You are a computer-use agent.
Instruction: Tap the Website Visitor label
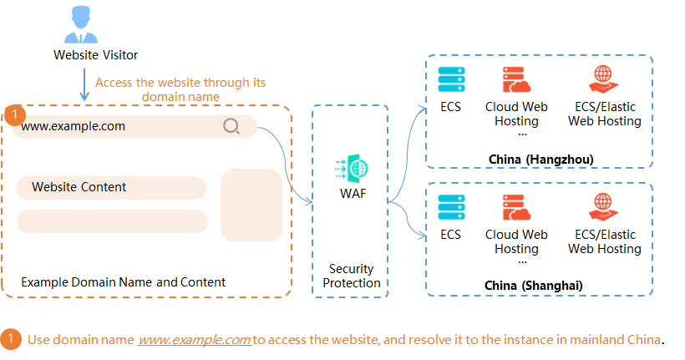point(95,55)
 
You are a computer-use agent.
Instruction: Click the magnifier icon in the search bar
point(231,127)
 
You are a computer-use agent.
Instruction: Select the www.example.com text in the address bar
point(74,127)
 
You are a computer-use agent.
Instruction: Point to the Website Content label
point(79,187)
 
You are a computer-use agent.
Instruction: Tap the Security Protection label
point(351,276)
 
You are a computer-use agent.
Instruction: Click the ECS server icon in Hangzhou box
point(451,79)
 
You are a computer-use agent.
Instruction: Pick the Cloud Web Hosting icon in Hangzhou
point(516,79)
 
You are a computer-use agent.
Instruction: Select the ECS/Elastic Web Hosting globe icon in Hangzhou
point(604,79)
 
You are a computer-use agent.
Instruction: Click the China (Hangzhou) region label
point(540,159)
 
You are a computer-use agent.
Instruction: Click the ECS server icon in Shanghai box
point(451,206)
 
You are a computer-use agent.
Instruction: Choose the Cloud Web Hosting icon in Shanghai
point(516,206)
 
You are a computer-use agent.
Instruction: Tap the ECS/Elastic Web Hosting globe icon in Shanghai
point(604,206)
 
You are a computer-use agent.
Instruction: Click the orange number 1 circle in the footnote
point(11,340)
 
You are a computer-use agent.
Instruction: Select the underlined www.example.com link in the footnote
point(195,340)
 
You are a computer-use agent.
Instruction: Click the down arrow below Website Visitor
point(84,85)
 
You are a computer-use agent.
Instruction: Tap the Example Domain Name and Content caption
point(123,282)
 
